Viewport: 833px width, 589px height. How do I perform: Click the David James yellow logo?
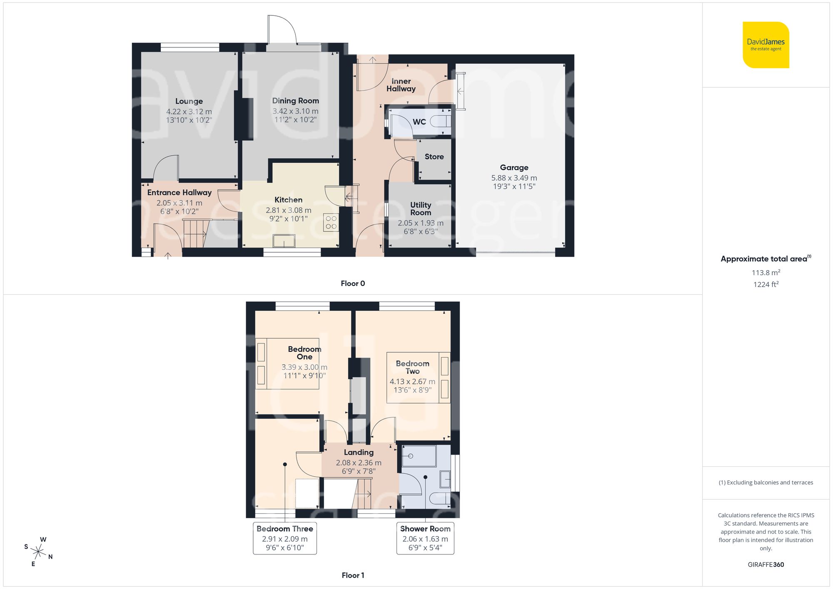[x=766, y=45]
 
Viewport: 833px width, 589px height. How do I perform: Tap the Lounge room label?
[x=189, y=101]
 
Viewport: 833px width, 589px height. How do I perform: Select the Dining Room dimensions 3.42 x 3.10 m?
[x=295, y=111]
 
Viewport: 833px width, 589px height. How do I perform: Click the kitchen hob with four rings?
[x=331, y=222]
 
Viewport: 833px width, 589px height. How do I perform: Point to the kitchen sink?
[x=284, y=241]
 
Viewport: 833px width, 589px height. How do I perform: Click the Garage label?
[x=514, y=167]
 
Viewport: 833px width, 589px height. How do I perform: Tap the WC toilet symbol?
[x=440, y=122]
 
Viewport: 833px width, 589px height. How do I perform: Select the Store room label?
[x=434, y=157]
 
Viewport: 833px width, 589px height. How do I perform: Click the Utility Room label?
[x=420, y=209]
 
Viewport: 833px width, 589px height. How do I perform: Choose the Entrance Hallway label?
[x=179, y=192]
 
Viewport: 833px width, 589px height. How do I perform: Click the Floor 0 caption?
[x=353, y=283]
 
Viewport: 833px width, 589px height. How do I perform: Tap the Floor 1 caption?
[x=353, y=575]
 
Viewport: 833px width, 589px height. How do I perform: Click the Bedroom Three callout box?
[x=285, y=538]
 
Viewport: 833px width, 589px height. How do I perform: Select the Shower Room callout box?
[x=425, y=538]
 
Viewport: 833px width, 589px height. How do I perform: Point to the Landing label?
[x=359, y=452]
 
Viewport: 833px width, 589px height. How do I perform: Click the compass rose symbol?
[x=38, y=552]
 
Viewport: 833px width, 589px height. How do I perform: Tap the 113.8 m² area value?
[x=766, y=273]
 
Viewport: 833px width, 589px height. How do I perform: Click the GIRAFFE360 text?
[x=766, y=565]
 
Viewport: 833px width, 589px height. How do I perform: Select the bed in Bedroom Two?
[x=418, y=378]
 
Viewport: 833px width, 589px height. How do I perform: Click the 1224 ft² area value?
[x=766, y=284]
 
